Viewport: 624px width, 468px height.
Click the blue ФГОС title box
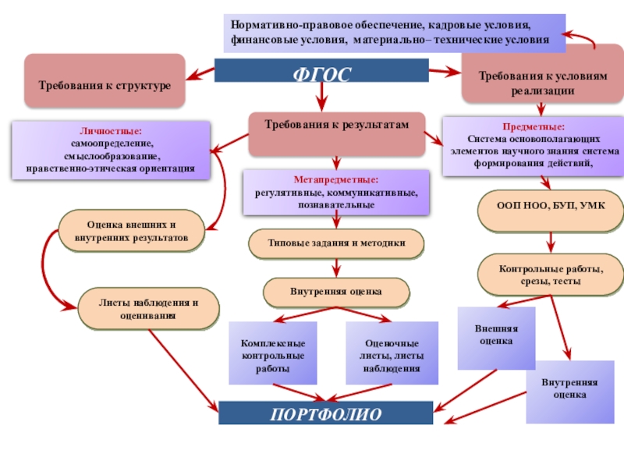tap(321, 73)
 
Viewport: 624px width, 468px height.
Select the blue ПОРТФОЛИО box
tap(325, 413)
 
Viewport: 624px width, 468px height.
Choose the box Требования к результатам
tap(336, 133)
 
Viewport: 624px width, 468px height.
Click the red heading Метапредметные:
tap(336, 180)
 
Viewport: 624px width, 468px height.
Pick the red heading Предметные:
tap(534, 126)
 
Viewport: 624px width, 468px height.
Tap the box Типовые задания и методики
tap(337, 243)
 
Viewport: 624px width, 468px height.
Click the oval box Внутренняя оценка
tap(336, 292)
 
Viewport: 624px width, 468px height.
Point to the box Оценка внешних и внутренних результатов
tap(132, 229)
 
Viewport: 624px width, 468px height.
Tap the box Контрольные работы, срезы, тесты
tap(550, 274)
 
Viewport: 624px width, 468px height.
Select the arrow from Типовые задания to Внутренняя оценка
tap(336, 268)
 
